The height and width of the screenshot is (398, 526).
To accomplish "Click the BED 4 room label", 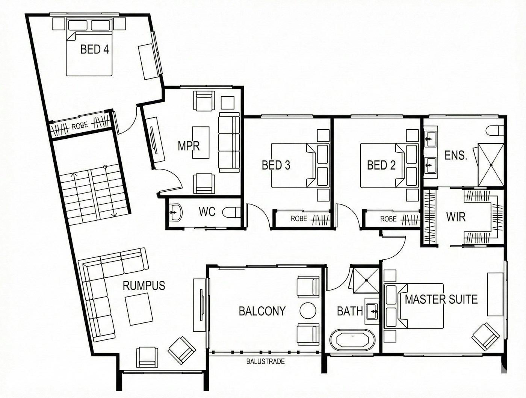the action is pos(95,49).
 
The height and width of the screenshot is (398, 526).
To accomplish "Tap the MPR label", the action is pos(189,146).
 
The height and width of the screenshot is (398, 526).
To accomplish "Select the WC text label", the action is pos(207,212).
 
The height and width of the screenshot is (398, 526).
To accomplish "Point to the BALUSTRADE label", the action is pos(266,361).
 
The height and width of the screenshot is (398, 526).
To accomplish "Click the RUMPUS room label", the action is pos(144,286).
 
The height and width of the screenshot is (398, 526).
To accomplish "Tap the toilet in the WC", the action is pos(231,212).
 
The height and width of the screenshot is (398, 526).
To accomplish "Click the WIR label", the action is pos(456,217).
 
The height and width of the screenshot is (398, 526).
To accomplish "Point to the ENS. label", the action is pos(456,155).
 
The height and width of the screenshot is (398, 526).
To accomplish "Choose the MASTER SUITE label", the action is pos(441,299).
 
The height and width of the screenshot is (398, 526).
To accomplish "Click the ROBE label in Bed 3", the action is pos(299,218).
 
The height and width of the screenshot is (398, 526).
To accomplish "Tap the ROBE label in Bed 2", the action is pos(388,219).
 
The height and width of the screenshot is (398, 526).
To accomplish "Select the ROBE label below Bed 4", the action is pos(80,126).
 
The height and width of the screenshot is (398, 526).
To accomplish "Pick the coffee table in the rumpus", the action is pos(139,310).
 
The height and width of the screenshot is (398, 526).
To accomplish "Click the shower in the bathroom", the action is pos(366,280).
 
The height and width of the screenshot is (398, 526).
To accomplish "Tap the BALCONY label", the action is pos(262,311).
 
